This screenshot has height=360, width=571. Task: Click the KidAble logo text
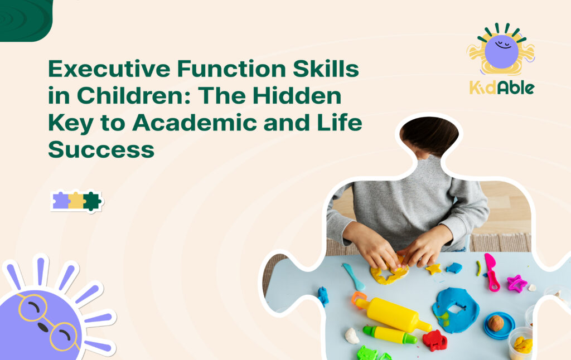pyautogui.click(x=501, y=87)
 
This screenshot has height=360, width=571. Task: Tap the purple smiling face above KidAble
pyautogui.click(x=501, y=51)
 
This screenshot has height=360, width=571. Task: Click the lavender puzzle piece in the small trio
pyautogui.click(x=61, y=201)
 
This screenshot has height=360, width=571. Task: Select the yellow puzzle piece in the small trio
pyautogui.click(x=76, y=201)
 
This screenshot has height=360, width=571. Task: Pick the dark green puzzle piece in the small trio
pyautogui.click(x=91, y=201)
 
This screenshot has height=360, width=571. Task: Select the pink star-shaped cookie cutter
pyautogui.click(x=516, y=283)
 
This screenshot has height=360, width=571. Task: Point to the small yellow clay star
pyautogui.click(x=433, y=269)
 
